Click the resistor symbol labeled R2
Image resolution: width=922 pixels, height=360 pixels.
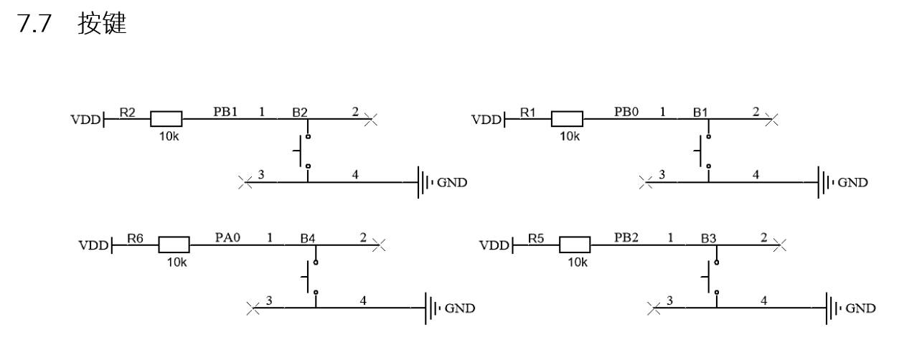coord(166,119)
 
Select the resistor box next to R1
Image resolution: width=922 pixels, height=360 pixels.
coord(567,119)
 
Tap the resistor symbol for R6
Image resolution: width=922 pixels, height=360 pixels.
coord(174,245)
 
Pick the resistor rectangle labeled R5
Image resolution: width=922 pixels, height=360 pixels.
coord(575,245)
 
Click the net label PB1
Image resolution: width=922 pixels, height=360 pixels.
coord(225,111)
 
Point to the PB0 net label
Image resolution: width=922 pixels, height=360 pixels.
coord(626,111)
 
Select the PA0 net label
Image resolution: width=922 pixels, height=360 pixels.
coord(227,237)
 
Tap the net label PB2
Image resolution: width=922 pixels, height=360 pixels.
coord(626,237)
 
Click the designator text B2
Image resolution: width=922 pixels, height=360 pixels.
coord(300,113)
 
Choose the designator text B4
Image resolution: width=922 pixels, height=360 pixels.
coord(308,238)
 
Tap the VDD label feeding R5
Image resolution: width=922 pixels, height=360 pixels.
coord(494,246)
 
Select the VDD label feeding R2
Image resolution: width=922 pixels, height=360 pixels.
coord(85,120)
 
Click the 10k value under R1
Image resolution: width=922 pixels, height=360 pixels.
coord(570,136)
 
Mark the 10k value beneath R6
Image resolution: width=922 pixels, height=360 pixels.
coord(177,262)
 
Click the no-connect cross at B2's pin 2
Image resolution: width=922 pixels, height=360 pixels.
coord(370,120)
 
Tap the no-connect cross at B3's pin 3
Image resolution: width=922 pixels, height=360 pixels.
coord(654,308)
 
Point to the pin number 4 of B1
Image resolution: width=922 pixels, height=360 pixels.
coord(756,175)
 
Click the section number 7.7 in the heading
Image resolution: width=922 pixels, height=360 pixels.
coord(34,24)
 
